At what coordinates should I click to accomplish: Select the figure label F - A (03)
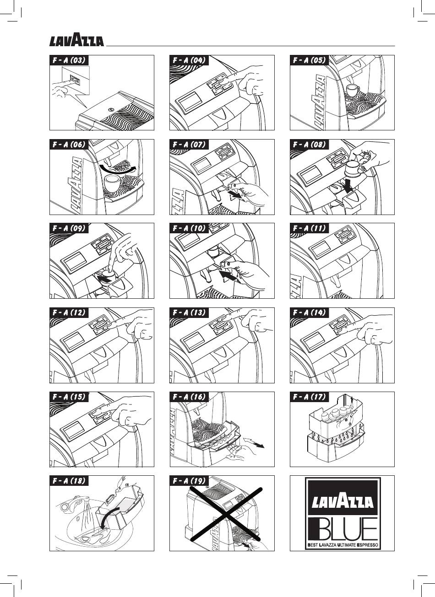(x=68, y=60)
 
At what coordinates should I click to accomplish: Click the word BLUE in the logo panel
(x=343, y=528)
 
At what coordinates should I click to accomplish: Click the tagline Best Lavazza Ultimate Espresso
(x=343, y=545)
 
